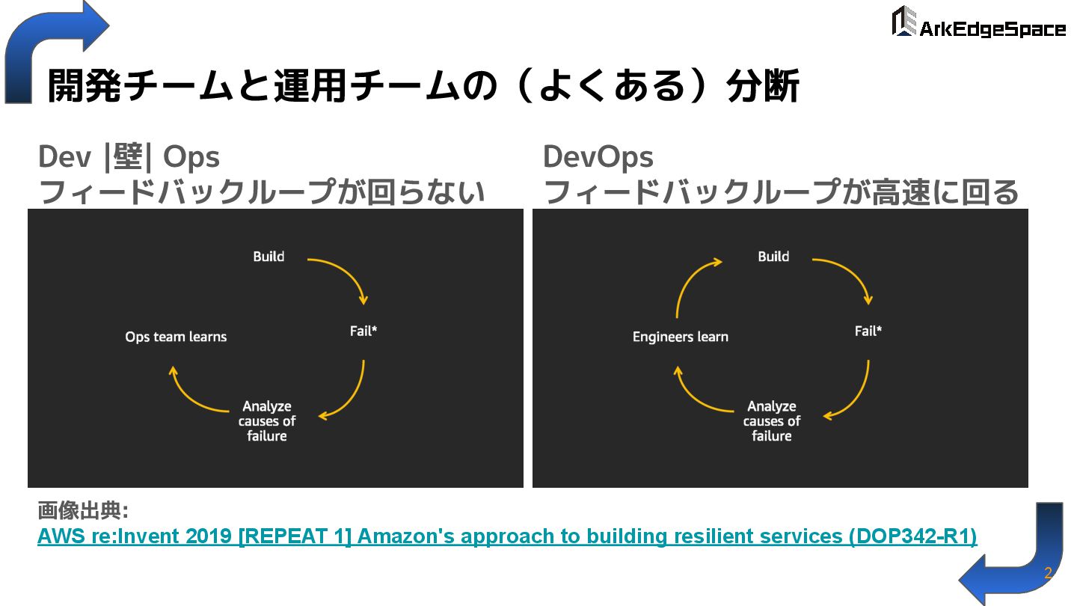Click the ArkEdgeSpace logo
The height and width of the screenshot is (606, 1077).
tap(978, 22)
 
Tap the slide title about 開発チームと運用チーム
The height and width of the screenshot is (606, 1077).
tap(423, 85)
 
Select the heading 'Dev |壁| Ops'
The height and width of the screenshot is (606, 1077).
tap(129, 157)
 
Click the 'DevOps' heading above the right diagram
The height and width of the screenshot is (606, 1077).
tap(598, 157)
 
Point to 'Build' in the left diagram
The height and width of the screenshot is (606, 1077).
tap(269, 257)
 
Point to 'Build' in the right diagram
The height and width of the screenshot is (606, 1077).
tap(773, 257)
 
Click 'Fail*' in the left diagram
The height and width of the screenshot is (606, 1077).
tap(363, 330)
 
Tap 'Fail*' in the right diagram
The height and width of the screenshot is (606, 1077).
tap(868, 330)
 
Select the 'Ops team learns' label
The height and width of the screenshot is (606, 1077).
tap(176, 337)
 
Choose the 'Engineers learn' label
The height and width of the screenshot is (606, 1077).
tap(680, 337)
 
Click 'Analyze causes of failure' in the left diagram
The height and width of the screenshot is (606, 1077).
tap(267, 421)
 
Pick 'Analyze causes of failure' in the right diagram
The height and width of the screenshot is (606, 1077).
tap(772, 421)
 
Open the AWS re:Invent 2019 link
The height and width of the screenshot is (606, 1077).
tap(507, 536)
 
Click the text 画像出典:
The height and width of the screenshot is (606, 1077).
tap(83, 512)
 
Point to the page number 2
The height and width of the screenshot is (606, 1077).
tap(1048, 573)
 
